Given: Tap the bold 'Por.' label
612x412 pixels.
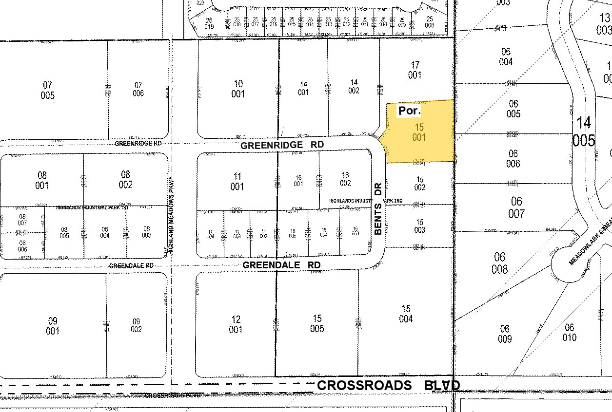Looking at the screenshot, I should click(409, 111).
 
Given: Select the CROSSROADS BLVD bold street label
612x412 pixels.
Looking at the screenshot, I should click(388, 385).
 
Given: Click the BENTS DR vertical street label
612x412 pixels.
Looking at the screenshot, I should click(378, 209).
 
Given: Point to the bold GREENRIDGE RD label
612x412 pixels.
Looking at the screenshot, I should click(282, 145).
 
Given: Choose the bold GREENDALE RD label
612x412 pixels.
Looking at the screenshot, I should click(281, 265).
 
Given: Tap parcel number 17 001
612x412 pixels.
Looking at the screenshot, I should click(415, 70).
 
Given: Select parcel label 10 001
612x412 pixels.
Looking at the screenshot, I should click(238, 89).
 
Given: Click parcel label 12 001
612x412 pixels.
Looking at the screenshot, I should click(236, 324).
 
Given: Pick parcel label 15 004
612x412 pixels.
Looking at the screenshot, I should click(406, 314).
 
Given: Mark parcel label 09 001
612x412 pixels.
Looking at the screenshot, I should click(53, 326).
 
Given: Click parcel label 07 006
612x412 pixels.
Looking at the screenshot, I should click(138, 89).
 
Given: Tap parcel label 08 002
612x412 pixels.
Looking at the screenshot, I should click(125, 179).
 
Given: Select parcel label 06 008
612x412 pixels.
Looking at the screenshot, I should click(500, 263).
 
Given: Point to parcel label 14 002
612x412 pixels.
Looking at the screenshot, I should click(354, 87).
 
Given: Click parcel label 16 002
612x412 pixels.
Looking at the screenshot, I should click(345, 179).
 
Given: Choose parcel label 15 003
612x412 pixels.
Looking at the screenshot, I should click(419, 226).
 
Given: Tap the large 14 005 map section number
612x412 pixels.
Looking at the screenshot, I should click(584, 131).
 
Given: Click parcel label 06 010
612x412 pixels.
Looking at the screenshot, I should click(569, 333).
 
